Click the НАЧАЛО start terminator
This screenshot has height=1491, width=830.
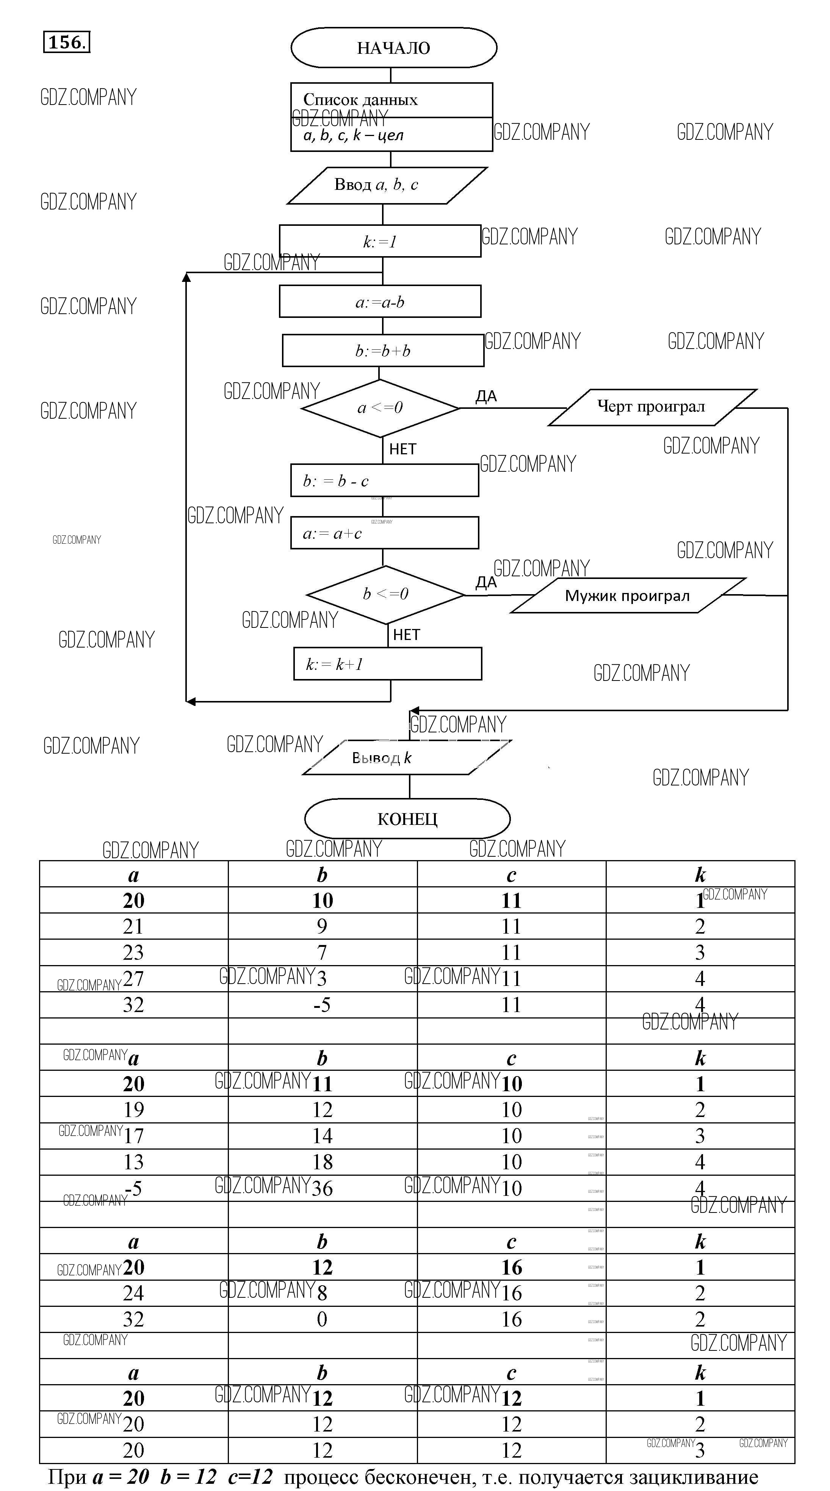click(x=393, y=47)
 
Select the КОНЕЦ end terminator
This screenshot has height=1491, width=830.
click(x=407, y=818)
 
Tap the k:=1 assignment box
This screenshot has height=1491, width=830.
click(x=380, y=241)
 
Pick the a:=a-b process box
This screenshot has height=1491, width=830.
click(x=380, y=302)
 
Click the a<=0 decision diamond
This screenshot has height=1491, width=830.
click(x=380, y=408)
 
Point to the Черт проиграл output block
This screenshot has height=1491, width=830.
click(x=652, y=407)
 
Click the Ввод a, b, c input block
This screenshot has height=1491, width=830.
click(x=387, y=185)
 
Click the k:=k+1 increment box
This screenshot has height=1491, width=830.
click(x=387, y=664)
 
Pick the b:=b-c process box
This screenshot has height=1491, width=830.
click(x=384, y=481)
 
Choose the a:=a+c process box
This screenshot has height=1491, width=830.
click(x=384, y=533)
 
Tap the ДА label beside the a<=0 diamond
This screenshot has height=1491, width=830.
click(x=486, y=396)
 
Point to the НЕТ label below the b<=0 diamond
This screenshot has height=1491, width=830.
click(x=406, y=635)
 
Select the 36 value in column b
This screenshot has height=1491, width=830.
click(x=323, y=1188)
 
